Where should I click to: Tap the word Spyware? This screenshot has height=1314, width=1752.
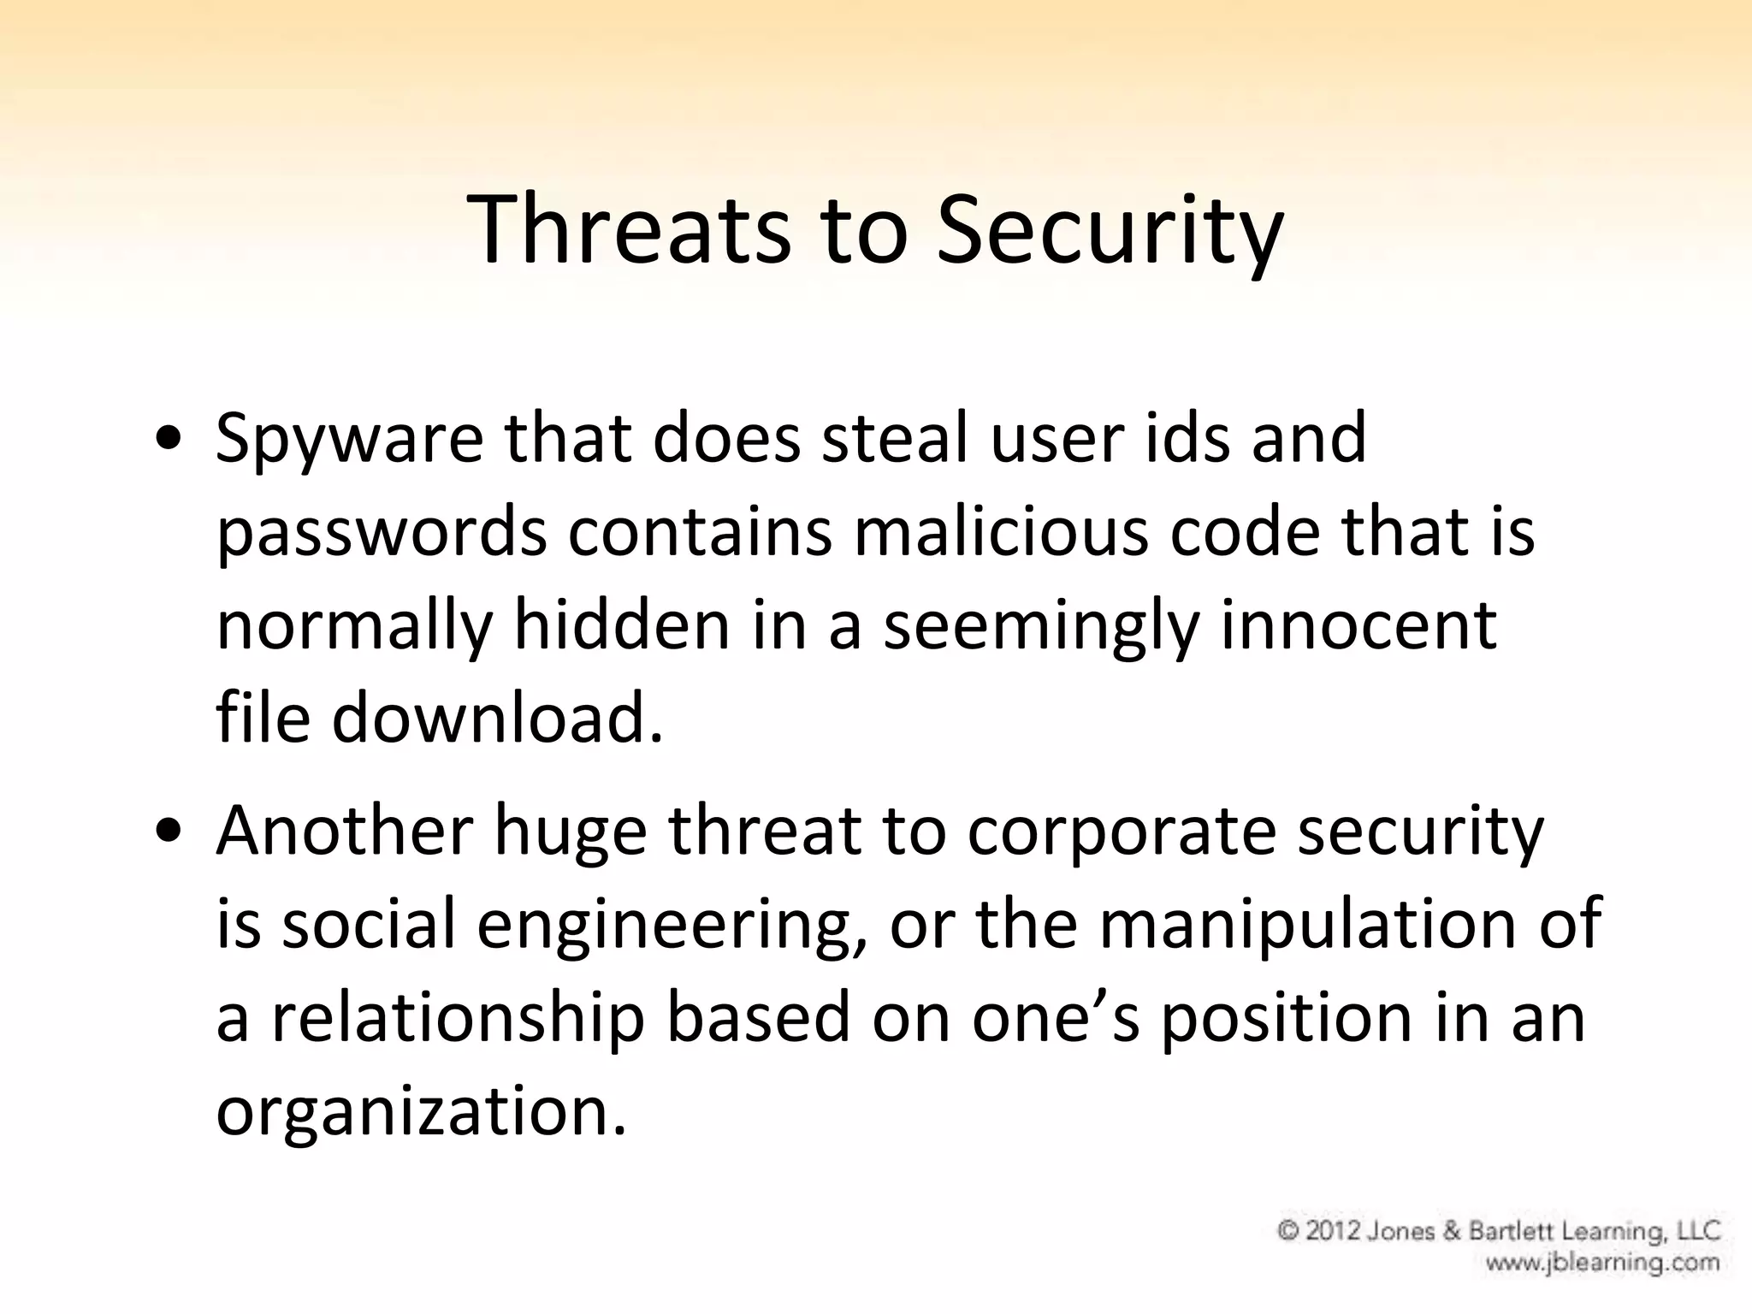(349, 439)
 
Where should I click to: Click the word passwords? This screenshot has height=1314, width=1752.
(382, 532)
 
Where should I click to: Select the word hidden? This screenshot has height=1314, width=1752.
(622, 624)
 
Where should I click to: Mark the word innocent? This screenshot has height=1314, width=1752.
(1358, 624)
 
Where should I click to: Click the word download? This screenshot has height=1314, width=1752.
(497, 717)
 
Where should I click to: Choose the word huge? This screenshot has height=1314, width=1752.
(570, 832)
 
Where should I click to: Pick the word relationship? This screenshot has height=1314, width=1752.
(458, 1018)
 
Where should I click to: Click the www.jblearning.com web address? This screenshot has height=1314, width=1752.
(1602, 1263)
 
